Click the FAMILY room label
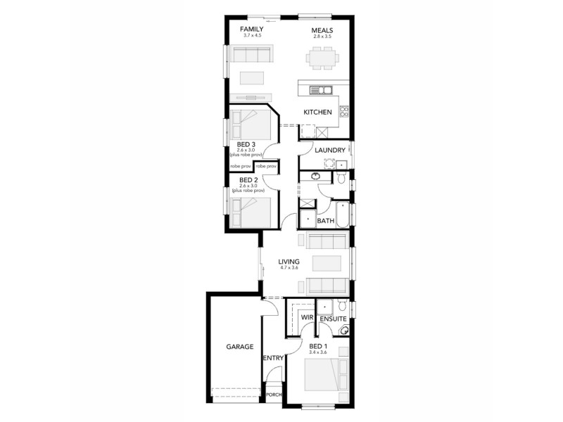251,29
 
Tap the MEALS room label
322,30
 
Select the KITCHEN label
317,113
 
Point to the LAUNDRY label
329,151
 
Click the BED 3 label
246,144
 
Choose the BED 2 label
246,181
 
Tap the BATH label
325,221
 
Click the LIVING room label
289,262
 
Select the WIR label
307,318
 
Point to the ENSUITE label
331,319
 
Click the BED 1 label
318,347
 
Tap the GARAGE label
239,347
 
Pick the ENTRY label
273,358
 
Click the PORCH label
274,395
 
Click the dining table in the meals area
323,57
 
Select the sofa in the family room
252,55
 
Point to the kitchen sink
323,89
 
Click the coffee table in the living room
327,263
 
